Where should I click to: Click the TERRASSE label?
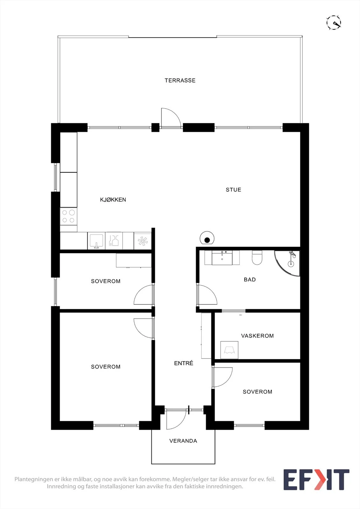[180, 80]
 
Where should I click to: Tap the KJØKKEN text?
[113, 200]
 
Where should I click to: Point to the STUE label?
[233, 190]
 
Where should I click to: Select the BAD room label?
[250, 280]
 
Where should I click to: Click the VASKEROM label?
[258, 336]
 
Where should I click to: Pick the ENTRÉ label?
[184, 363]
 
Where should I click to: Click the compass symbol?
[334, 23]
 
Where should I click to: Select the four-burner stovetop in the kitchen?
[68, 217]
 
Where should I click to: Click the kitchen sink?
[96, 241]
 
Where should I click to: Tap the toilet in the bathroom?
[257, 257]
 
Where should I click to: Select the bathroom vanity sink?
[222, 257]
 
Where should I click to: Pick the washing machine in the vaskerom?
[229, 350]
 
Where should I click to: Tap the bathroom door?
[207, 295]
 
